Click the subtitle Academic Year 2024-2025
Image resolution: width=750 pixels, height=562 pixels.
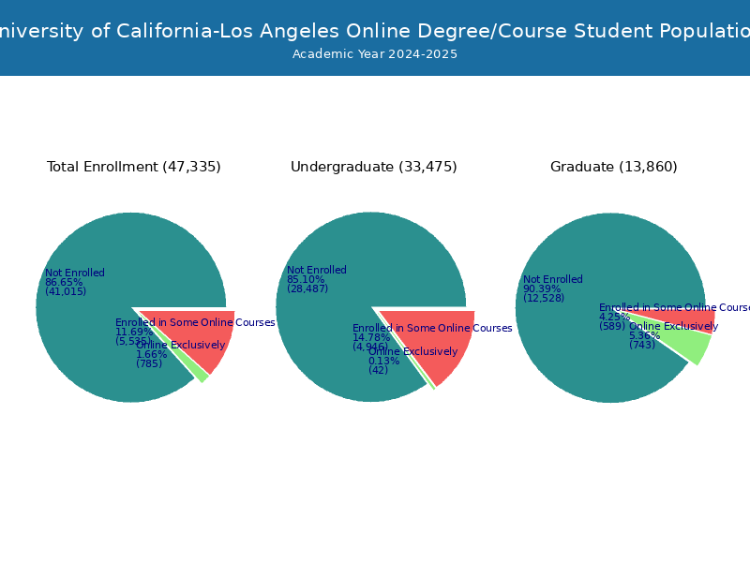(x=375, y=54)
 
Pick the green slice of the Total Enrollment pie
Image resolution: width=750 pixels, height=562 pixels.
(x=202, y=374)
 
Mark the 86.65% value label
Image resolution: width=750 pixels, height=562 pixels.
(x=64, y=282)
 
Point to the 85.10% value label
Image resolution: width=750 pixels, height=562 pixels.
(x=306, y=279)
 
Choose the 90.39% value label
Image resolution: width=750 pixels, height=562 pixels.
(x=542, y=288)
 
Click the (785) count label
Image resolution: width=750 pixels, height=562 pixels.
(x=149, y=363)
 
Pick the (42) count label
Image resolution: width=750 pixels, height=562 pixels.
(x=379, y=370)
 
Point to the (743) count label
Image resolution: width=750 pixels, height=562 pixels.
(x=642, y=345)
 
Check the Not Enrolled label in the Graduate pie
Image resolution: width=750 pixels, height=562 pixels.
(x=553, y=279)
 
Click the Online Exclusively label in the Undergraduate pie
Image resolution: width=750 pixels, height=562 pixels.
(x=412, y=352)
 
